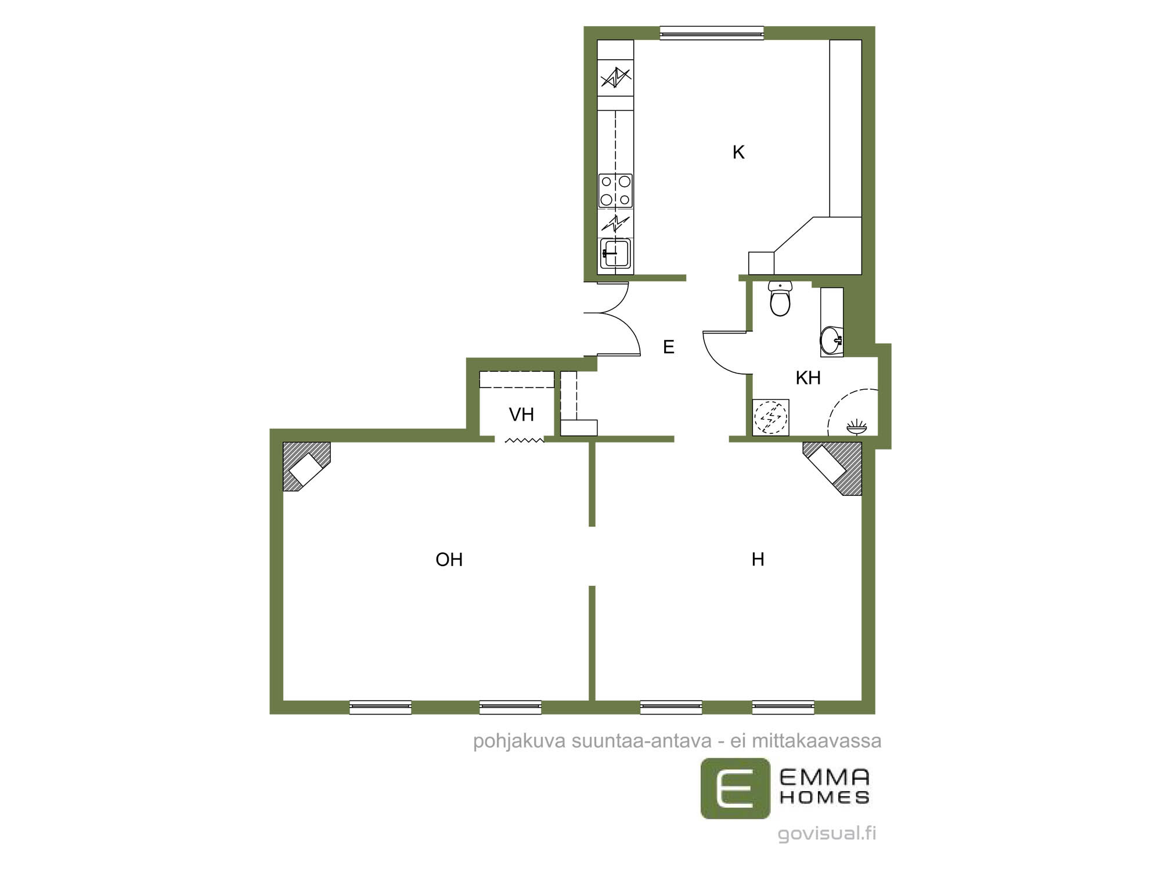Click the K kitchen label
(738, 153)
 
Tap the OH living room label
(449, 560)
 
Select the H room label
(758, 560)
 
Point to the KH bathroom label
(808, 378)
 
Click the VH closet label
(521, 415)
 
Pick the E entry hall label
(669, 347)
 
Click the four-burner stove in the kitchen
(615, 191)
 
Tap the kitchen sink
(615, 253)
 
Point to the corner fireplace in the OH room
(307, 466)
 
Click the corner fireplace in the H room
(832, 469)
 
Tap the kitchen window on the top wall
(712, 33)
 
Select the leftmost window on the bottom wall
(380, 707)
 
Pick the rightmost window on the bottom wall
(783, 707)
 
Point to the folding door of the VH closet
(524, 441)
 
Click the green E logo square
(735, 789)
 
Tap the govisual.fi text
(827, 833)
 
